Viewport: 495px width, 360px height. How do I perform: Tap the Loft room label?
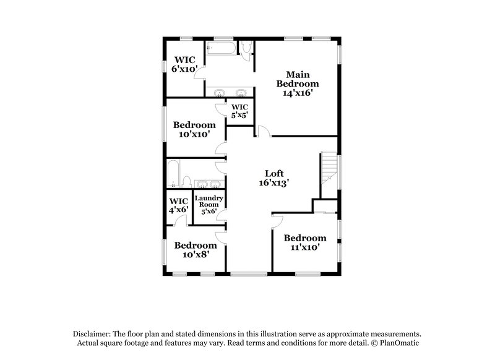(274, 173)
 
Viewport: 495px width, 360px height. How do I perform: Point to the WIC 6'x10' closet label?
(184, 64)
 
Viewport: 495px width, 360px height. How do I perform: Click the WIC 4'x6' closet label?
(178, 205)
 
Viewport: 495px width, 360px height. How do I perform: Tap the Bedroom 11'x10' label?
(304, 242)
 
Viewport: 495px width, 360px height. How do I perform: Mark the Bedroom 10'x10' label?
(194, 129)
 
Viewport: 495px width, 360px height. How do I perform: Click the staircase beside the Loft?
(329, 169)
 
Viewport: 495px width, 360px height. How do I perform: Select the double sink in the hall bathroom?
(209, 184)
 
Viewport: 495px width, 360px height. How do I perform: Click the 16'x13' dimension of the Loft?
(274, 183)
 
